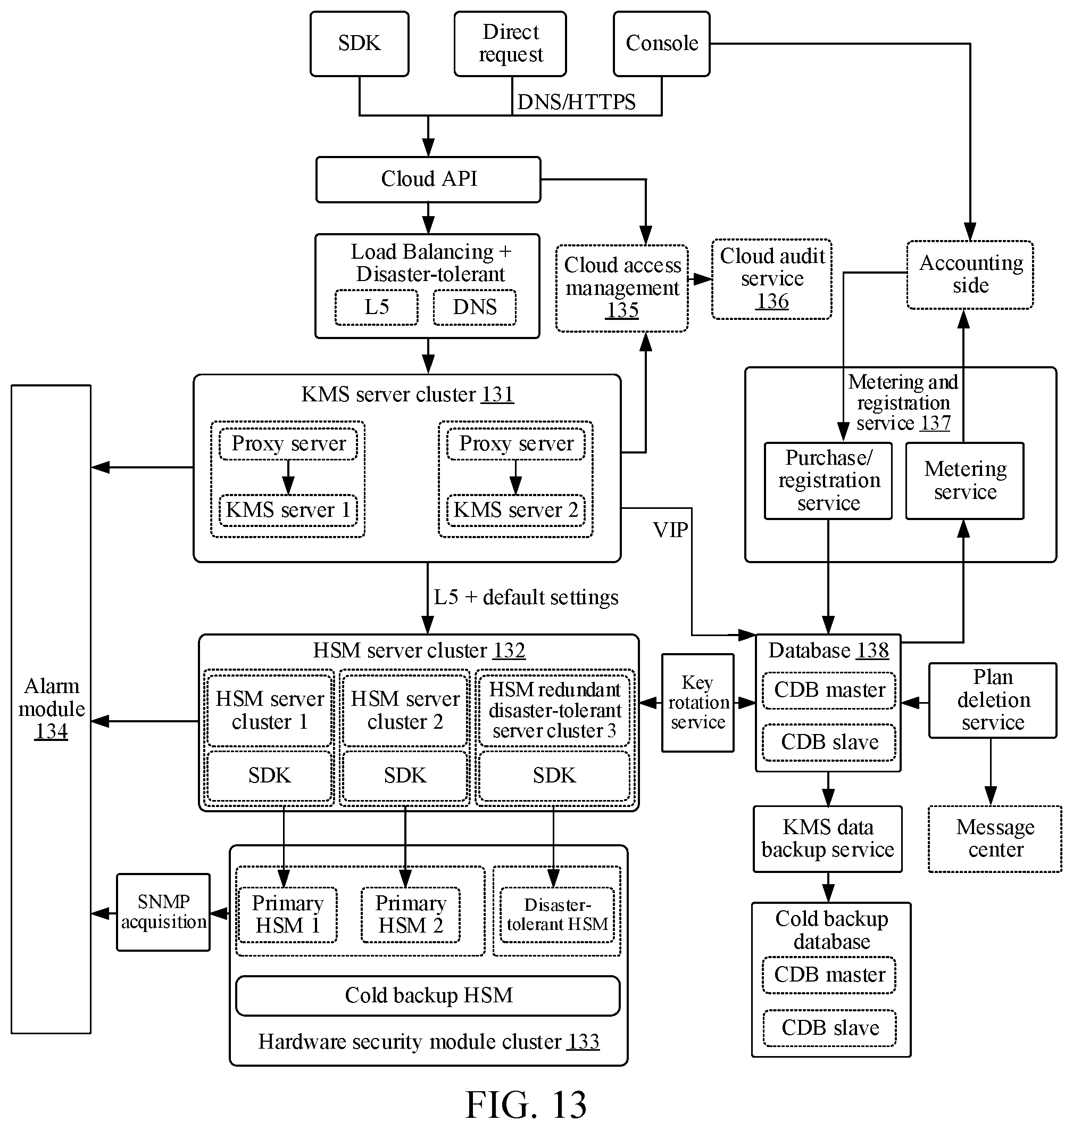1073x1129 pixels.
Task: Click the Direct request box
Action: [x=510, y=44]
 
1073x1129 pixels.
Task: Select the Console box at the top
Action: [x=662, y=44]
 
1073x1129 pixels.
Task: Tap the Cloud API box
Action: [x=428, y=179]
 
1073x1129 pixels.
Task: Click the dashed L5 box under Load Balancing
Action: [x=376, y=307]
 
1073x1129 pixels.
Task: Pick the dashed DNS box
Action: [x=475, y=307]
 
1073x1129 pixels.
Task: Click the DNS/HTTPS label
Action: [x=576, y=102]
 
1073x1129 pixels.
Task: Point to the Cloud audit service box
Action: [x=771, y=279]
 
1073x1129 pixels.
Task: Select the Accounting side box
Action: [x=970, y=275]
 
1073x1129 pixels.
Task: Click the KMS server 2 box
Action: [x=516, y=510]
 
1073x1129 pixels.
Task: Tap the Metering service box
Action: [x=965, y=481]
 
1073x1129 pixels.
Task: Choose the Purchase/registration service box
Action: [x=828, y=481]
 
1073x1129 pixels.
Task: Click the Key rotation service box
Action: [x=698, y=703]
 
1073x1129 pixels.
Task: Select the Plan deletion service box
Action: [x=993, y=701]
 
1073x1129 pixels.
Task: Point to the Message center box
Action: [x=995, y=839]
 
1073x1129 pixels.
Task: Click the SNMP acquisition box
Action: [x=163, y=912]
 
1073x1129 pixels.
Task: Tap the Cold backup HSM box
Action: [x=428, y=996]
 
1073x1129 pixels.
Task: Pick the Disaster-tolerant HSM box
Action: [x=557, y=914]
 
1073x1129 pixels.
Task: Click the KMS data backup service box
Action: [x=828, y=839]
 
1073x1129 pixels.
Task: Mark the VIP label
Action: [x=670, y=530]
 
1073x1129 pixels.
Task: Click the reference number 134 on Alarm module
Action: [x=51, y=731]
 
